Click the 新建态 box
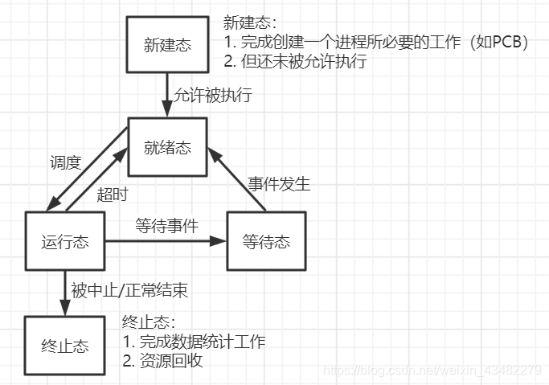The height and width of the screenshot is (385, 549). (x=167, y=45)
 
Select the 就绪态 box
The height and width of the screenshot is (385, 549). (x=167, y=148)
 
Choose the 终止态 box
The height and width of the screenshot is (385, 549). (x=65, y=346)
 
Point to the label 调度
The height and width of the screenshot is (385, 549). (x=65, y=163)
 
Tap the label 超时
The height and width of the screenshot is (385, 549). (x=113, y=194)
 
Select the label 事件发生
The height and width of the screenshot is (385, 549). (x=278, y=183)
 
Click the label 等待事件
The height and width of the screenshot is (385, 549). (x=166, y=227)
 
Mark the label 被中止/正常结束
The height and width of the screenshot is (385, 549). (x=129, y=289)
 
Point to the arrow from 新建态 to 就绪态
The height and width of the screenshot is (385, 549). (x=167, y=95)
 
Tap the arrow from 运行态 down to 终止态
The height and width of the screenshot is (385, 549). (x=64, y=293)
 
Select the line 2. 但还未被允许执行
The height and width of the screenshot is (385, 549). (x=293, y=62)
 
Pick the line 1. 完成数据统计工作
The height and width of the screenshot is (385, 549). (x=194, y=342)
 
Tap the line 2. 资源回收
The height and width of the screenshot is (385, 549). (x=162, y=361)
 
